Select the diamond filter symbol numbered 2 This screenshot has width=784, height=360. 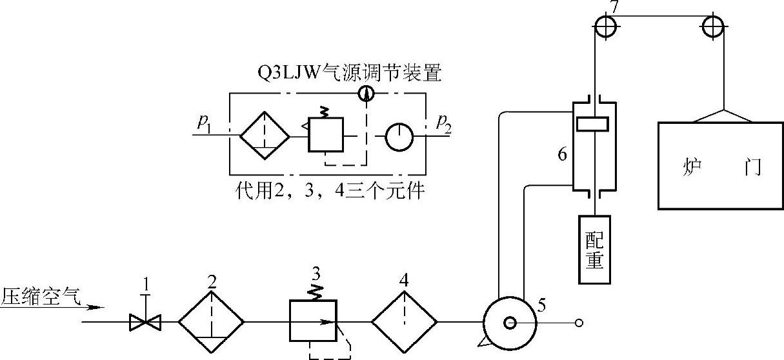211,321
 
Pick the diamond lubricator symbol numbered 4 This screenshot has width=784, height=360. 405,321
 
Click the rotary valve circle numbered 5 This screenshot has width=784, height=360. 510,322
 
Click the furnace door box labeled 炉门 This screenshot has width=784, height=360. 720,166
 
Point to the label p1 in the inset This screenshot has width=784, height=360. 206,123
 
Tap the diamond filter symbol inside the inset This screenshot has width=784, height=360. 265,135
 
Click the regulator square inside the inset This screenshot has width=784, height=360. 326,134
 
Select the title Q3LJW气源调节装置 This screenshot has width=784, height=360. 349,74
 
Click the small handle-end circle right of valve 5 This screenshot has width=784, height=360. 579,323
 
